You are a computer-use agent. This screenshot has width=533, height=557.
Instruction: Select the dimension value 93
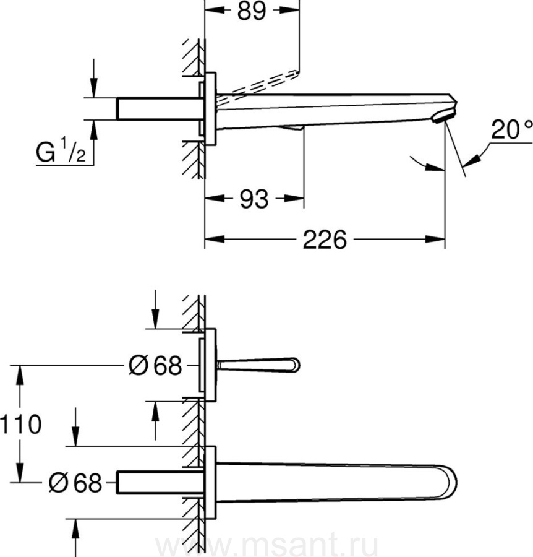(x=254, y=199)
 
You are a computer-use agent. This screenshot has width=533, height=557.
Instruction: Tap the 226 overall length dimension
(x=325, y=240)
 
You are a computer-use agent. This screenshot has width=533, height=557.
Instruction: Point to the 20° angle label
(x=511, y=130)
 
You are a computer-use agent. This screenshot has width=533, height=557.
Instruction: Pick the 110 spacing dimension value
(x=21, y=425)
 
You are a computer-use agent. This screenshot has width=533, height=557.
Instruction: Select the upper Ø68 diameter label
(x=155, y=366)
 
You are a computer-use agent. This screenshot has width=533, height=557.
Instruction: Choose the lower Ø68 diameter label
(x=75, y=482)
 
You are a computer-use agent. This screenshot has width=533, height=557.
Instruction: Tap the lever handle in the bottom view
(x=260, y=365)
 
